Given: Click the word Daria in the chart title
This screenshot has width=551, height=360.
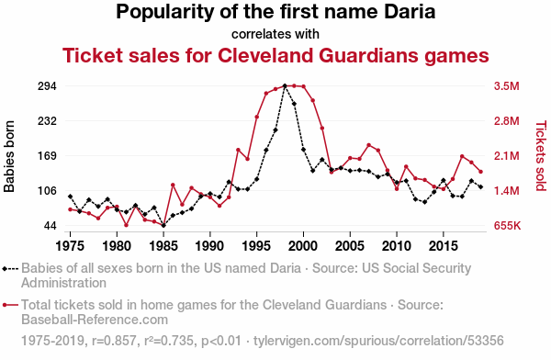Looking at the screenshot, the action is (410, 12).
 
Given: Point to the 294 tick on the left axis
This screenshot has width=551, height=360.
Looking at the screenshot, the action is (47, 86).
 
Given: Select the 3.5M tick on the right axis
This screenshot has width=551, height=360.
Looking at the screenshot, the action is (506, 86).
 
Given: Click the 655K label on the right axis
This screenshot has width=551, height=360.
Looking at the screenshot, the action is (507, 226).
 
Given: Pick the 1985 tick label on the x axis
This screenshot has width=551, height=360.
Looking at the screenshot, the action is (163, 246).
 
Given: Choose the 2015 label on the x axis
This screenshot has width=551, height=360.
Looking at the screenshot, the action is (444, 246).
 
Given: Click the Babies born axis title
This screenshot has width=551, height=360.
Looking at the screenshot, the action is (9, 156).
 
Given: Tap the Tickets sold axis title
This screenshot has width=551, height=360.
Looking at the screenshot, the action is (541, 156).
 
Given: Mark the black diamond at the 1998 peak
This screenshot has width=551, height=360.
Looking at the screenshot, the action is (285, 85).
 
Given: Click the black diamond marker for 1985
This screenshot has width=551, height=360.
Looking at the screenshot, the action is (163, 225).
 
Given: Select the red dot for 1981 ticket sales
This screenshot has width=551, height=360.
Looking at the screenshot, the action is (126, 225).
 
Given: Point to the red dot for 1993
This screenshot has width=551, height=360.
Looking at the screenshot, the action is (238, 150).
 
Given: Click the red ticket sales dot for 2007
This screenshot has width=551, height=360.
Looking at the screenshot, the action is (368, 145).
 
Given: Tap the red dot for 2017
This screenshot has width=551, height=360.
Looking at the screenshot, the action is (462, 156).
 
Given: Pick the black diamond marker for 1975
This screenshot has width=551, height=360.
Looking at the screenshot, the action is (71, 197).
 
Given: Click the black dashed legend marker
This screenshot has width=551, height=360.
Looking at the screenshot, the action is (10, 269).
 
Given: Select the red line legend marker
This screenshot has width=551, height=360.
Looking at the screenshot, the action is (10, 305).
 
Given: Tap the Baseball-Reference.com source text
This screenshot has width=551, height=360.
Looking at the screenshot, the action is (95, 320).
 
